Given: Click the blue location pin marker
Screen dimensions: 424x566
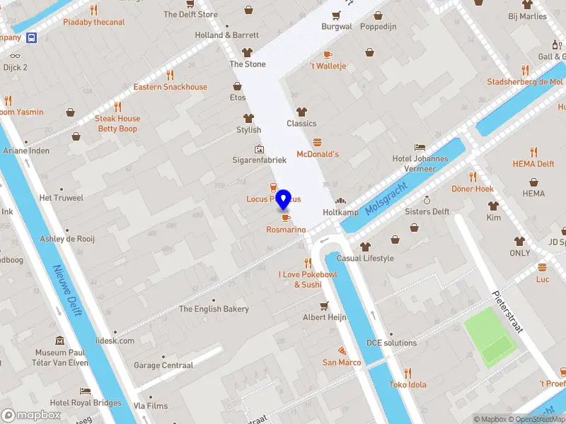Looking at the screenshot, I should pyautogui.click(x=284, y=200).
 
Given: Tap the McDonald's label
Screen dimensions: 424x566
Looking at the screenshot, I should pyautogui.click(x=318, y=154).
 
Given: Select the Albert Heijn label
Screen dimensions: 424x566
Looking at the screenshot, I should pyautogui.click(x=325, y=317).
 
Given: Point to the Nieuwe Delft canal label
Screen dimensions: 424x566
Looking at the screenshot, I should pyautogui.click(x=68, y=290).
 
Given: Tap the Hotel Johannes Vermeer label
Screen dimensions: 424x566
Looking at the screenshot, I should pyautogui.click(x=420, y=163).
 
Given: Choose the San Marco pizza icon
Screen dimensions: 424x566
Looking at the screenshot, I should pyautogui.click(x=342, y=351).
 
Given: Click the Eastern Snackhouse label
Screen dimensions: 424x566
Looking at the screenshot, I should pyautogui.click(x=171, y=87).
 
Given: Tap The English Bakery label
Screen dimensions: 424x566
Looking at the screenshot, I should pyautogui.click(x=214, y=309).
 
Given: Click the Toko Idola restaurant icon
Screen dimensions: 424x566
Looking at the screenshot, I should pyautogui.click(x=408, y=373).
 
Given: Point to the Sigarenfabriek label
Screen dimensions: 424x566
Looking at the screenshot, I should pyautogui.click(x=260, y=160).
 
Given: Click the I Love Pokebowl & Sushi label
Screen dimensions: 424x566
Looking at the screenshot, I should pyautogui.click(x=308, y=279).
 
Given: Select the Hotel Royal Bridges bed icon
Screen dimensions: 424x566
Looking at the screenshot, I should pyautogui.click(x=85, y=391).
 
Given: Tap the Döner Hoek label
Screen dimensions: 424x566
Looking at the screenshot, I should pyautogui.click(x=473, y=189).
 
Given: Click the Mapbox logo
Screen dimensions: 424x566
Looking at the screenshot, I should pyautogui.click(x=30, y=415).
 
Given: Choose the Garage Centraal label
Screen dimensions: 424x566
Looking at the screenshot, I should pyautogui.click(x=163, y=365).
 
